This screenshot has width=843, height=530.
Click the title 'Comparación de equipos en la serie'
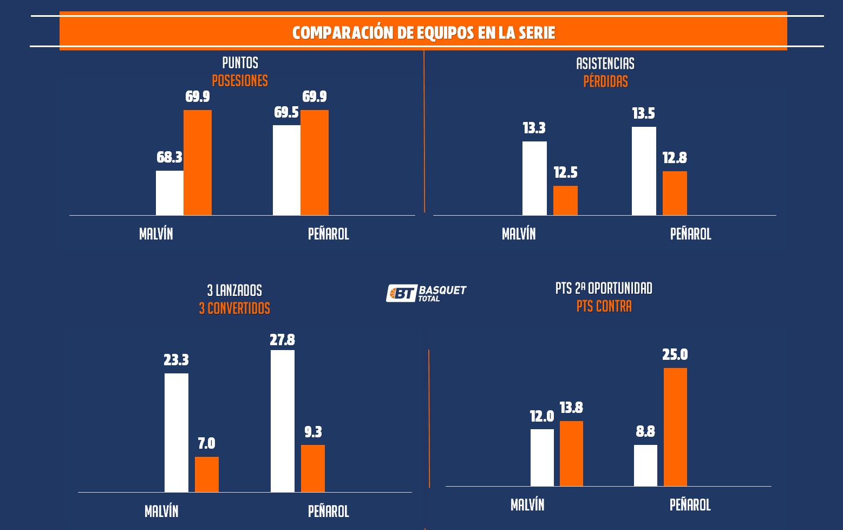click(423, 33)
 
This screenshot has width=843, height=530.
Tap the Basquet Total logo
click(426, 293)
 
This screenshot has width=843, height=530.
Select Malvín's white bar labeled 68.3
click(169, 193)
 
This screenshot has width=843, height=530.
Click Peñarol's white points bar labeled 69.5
click(286, 170)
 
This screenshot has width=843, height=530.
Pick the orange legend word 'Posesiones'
click(240, 81)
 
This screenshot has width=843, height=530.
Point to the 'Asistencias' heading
click(605, 63)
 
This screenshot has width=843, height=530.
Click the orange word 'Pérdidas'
click(605, 81)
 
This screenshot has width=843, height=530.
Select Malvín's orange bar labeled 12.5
click(565, 201)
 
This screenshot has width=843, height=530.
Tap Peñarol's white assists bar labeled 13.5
click(644, 171)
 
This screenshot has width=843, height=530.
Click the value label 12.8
click(675, 158)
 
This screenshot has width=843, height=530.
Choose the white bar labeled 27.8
click(283, 421)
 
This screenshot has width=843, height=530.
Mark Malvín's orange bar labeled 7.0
click(207, 474)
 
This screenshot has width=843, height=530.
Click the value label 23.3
click(177, 360)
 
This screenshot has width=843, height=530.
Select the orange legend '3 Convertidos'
click(234, 308)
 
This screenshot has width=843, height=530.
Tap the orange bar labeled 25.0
click(675, 427)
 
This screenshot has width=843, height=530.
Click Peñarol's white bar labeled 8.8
click(645, 466)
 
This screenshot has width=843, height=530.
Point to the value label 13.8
click(571, 408)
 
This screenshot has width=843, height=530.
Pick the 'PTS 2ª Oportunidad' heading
click(604, 288)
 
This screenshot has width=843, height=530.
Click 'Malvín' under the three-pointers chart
click(161, 511)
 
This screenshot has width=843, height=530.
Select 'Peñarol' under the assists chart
click(690, 234)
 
